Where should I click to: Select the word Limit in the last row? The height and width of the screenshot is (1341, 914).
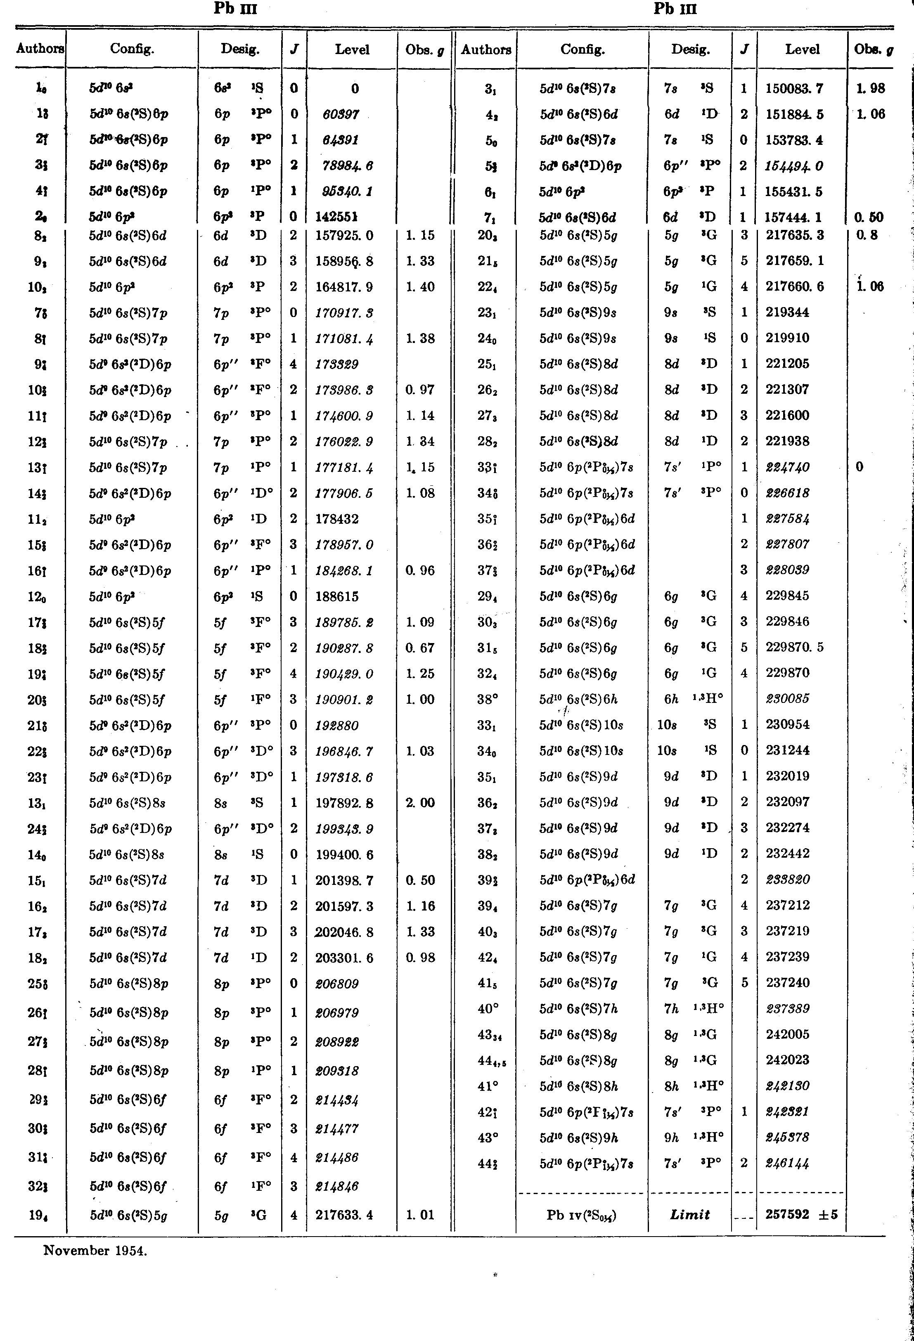coord(690,1215)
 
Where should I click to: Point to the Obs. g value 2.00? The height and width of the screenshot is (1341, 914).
coord(419,803)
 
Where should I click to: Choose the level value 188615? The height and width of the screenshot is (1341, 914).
coord(337,596)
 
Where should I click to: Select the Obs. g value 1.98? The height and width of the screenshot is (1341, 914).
coord(871,88)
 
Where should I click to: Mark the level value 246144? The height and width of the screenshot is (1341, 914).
coord(787,1163)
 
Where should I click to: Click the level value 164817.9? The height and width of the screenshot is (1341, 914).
coord(344,287)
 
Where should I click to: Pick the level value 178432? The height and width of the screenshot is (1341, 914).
coord(337,519)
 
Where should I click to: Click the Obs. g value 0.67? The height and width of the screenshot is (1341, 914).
coord(419,648)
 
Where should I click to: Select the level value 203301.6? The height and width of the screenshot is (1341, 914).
coord(344,958)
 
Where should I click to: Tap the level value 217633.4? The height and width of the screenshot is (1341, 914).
coord(344,1215)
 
